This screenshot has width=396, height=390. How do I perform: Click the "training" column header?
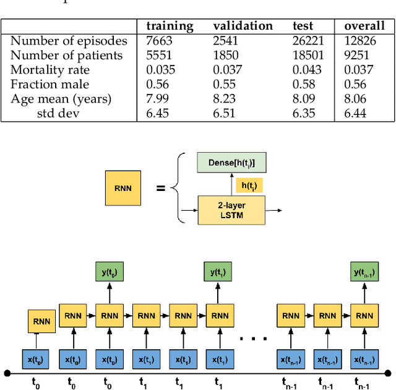pyautogui.click(x=170, y=26)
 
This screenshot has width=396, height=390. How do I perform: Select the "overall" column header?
pyautogui.click(x=364, y=26)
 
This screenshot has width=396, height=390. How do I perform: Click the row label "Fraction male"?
pyautogui.click(x=49, y=84)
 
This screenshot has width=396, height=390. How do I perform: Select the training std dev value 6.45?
pyautogui.click(x=159, y=113)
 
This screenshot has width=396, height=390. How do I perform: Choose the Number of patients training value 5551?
pyautogui.click(x=159, y=55)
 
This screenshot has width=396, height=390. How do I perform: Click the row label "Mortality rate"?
pyautogui.click(x=49, y=70)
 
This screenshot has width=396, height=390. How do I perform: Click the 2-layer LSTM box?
pyautogui.click(x=231, y=211)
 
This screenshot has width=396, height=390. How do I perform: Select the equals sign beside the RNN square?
pyautogui.click(x=161, y=187)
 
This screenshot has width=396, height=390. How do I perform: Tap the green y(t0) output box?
pyautogui.click(x=109, y=273)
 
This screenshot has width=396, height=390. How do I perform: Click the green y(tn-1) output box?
pyautogui.click(x=364, y=273)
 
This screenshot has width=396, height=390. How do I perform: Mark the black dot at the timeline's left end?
pyautogui.click(x=7, y=373)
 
